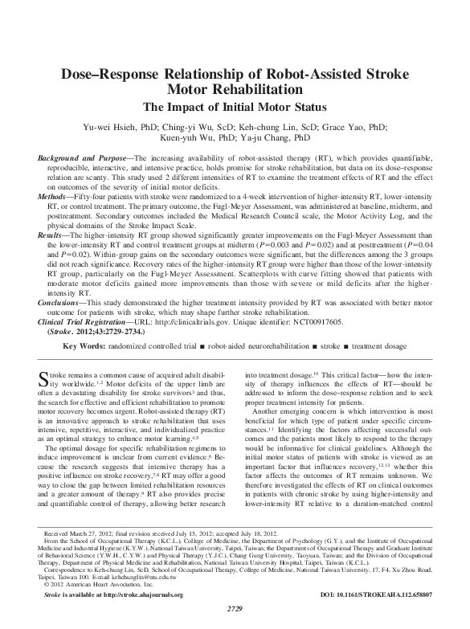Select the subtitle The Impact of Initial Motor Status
pos(235,106)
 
